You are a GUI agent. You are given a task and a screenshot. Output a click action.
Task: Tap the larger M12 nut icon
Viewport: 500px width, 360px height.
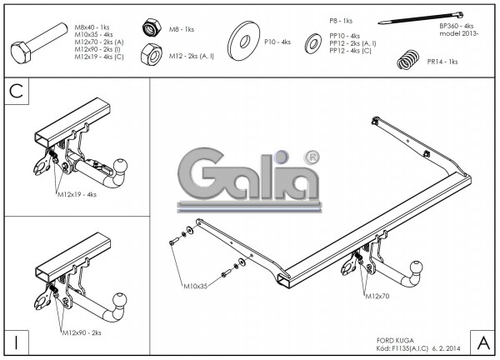pos(151,55)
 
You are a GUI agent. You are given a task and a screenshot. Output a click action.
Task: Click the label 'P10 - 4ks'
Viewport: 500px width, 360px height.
pos(277,41)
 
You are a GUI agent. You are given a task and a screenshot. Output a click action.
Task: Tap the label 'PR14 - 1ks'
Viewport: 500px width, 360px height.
pos(442,61)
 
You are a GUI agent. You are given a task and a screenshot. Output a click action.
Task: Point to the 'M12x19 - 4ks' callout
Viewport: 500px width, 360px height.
pos(77,193)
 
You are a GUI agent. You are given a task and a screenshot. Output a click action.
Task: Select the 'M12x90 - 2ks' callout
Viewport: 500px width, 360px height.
pos(81,332)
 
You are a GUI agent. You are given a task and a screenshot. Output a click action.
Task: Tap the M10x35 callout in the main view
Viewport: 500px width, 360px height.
pos(197,290)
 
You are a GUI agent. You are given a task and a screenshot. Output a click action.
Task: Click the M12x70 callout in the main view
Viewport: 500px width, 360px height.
pos(378,296)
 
